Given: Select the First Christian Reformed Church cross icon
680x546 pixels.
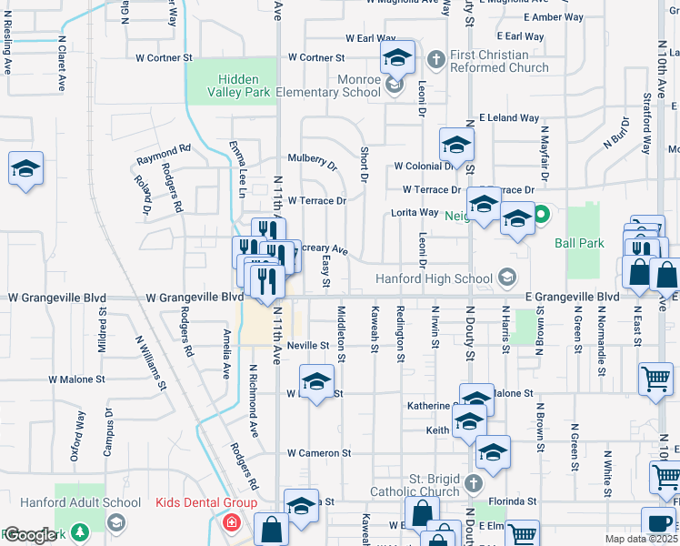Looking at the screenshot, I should (435, 58).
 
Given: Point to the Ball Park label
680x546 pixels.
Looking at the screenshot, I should (579, 243).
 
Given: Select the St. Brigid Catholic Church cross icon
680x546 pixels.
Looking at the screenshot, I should (473, 482).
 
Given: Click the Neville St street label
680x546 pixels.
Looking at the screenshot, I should (306, 346).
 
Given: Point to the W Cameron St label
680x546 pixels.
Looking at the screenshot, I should (319, 452).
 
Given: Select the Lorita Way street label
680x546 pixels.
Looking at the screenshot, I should (415, 212).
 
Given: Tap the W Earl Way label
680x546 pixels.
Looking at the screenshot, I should (371, 38).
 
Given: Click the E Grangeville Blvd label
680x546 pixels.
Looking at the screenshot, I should (573, 297).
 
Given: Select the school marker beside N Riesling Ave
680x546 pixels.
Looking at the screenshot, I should (26, 169).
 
